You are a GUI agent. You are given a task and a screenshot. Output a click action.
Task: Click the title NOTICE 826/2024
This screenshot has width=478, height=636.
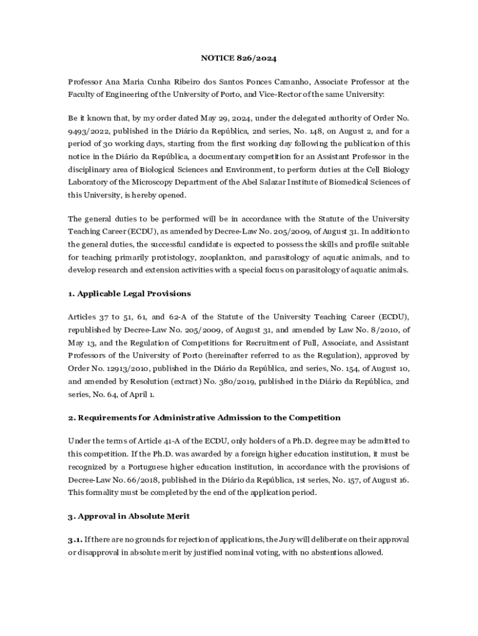238,58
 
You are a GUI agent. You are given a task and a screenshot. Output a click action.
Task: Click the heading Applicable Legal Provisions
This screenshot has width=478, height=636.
134,293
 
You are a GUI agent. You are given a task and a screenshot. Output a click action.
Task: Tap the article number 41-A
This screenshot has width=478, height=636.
159,441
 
